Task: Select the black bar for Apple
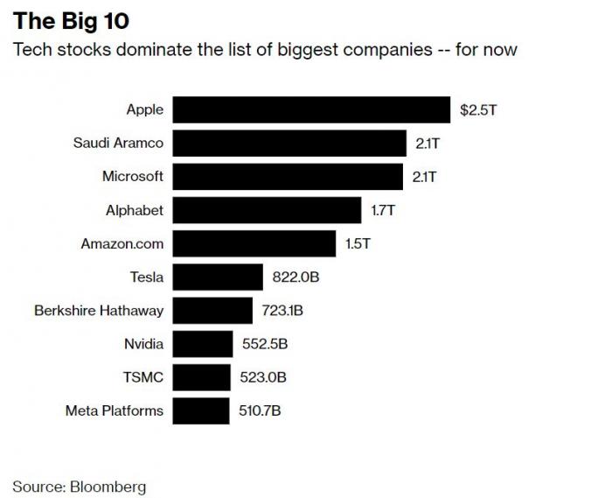tap(312, 110)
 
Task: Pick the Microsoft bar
tap(288, 177)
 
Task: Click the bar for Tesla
tap(218, 277)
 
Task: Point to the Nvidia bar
tap(203, 344)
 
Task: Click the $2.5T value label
tap(479, 110)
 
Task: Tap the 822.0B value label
tap(295, 277)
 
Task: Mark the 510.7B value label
tap(260, 410)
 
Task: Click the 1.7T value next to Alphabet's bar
tap(384, 210)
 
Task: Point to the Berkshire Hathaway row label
tap(99, 311)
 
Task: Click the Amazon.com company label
tap(122, 244)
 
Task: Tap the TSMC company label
tap(143, 377)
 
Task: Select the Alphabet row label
tap(135, 210)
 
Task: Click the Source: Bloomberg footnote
tap(80, 486)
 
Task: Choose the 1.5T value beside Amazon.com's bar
tap(358, 244)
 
